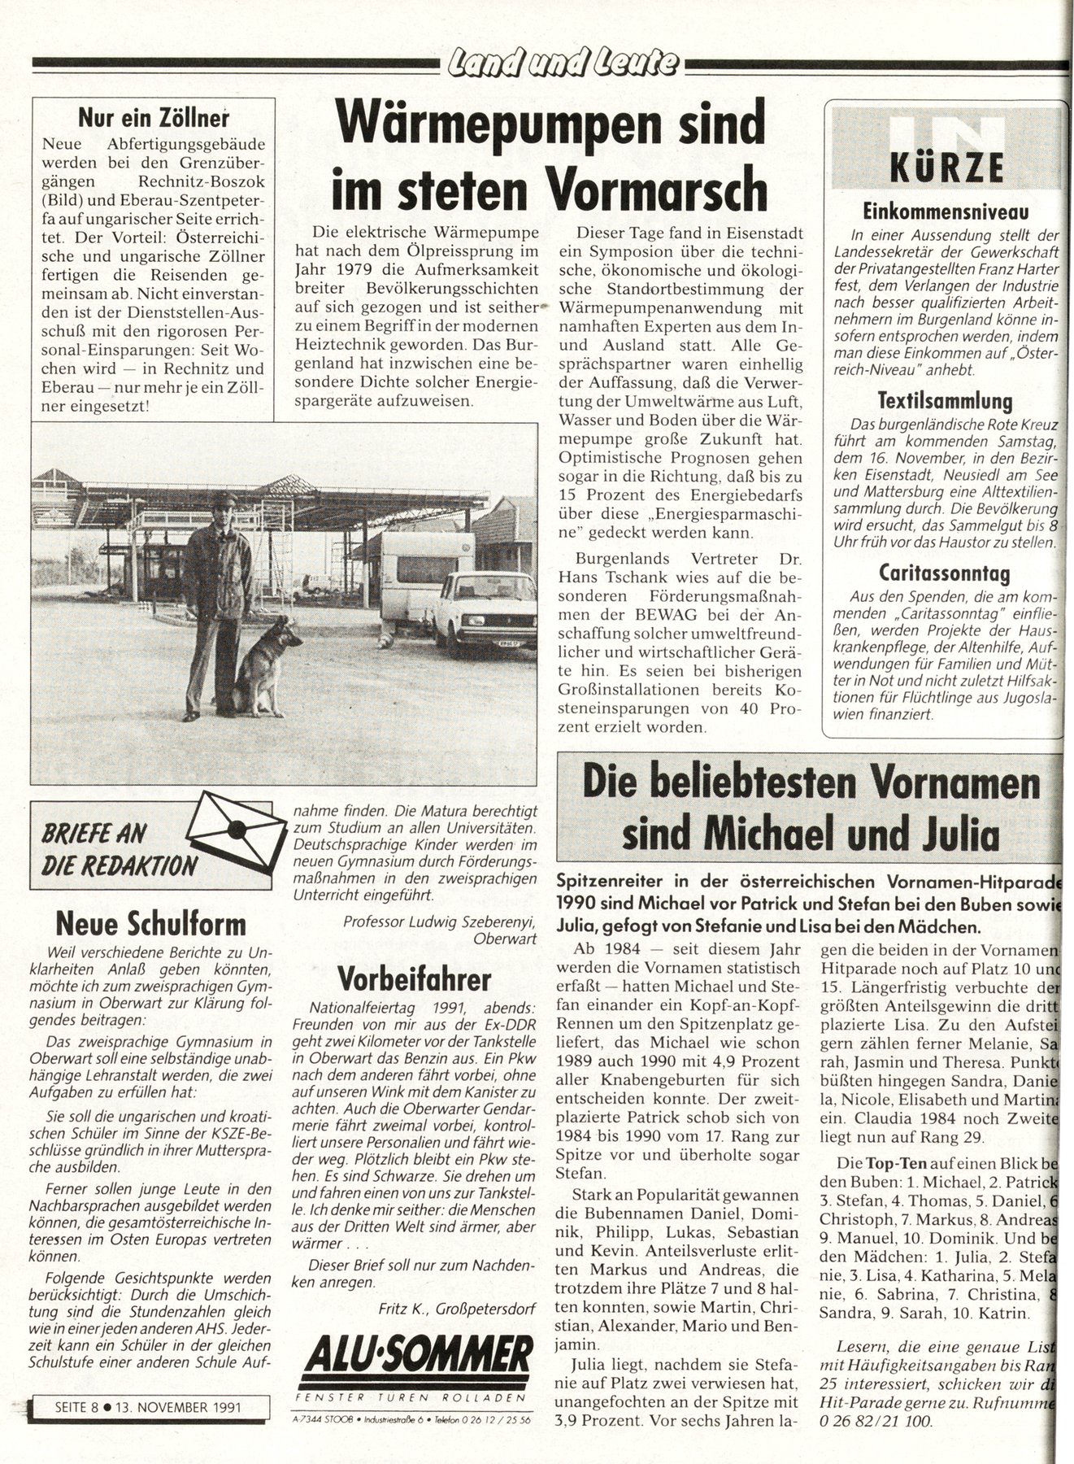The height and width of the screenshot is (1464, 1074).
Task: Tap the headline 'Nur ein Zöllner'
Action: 153,118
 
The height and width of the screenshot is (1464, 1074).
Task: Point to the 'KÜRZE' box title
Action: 946,168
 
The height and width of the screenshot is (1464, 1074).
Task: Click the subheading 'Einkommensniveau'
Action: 946,211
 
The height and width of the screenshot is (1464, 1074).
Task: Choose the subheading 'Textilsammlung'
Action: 945,400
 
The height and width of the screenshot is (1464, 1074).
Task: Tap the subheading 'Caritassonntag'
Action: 945,573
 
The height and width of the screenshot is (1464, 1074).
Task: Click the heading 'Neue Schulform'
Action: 150,925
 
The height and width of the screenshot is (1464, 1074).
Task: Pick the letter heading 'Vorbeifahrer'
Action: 414,978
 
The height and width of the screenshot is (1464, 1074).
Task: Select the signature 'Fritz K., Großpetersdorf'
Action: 457,1308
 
